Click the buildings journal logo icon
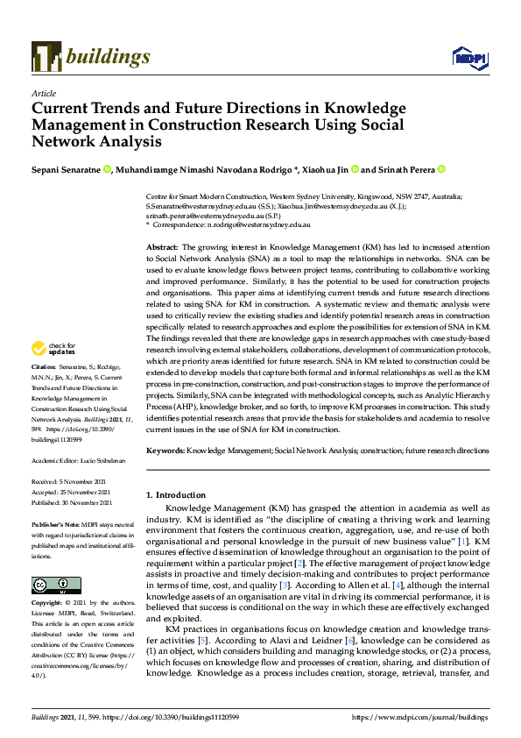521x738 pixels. (x=46, y=57)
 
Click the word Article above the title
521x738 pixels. (x=43, y=93)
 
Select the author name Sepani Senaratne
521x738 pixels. (x=66, y=169)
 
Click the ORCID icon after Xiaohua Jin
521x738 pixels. (x=355, y=169)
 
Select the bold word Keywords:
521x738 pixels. (x=165, y=450)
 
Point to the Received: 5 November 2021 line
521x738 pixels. (x=69, y=481)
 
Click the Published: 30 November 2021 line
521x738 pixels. (x=72, y=502)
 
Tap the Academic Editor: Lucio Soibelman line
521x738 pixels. (x=78, y=460)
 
